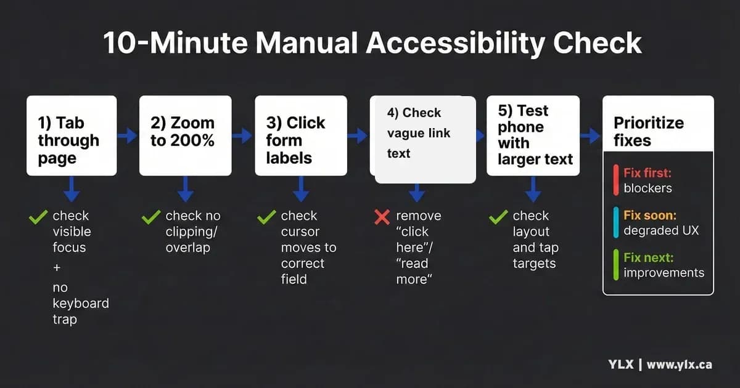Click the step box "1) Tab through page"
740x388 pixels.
(x=72, y=135)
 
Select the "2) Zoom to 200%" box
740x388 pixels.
(x=185, y=135)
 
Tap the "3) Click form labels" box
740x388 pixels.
(x=301, y=135)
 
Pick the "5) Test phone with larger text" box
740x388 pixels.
(x=533, y=135)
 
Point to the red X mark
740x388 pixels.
(x=382, y=217)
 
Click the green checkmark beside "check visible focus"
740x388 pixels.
(x=38, y=217)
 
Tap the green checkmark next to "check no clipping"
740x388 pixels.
(x=151, y=217)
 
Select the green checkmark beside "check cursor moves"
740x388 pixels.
(x=266, y=217)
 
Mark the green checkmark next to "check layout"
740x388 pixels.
(x=498, y=217)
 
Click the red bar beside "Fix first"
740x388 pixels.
(x=616, y=180)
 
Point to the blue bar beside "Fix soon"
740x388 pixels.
(x=616, y=223)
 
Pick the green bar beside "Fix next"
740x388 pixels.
(x=616, y=265)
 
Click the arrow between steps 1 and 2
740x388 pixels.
(x=128, y=135)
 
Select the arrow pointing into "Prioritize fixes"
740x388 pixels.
(x=590, y=135)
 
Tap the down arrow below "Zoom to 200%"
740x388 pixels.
(x=186, y=189)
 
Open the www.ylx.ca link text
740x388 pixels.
(x=679, y=365)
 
